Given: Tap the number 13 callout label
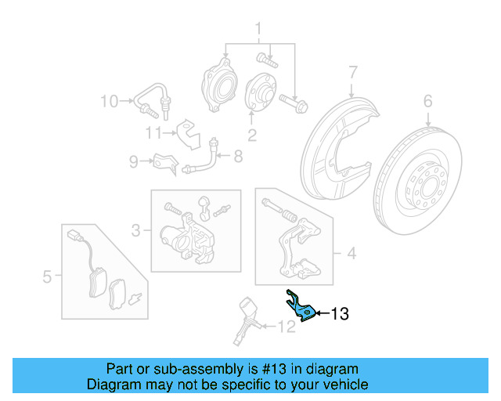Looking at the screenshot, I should [x=339, y=315].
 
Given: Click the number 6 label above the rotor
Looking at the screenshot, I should [x=427, y=100].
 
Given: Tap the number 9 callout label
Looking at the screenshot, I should [x=134, y=162].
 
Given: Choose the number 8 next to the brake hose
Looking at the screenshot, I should [x=238, y=156].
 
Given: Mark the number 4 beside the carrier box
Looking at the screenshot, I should [x=351, y=253].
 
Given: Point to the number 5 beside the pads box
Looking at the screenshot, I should [x=47, y=276].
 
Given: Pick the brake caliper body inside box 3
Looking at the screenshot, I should [x=186, y=235].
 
